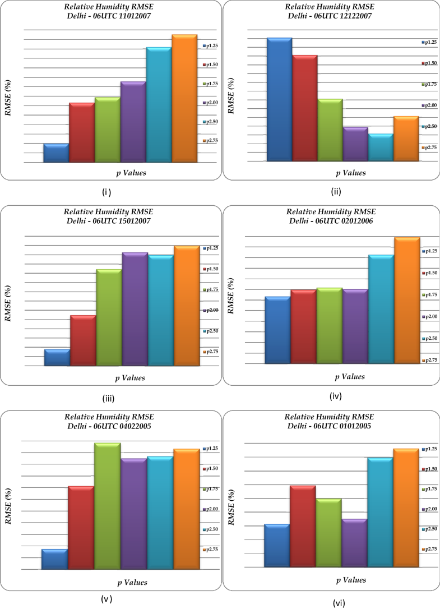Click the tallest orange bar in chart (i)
click(184, 99)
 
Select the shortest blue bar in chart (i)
click(56, 153)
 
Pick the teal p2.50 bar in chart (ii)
click(381, 147)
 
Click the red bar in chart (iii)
click(83, 340)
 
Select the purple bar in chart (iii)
click(135, 309)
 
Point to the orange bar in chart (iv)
click(407, 301)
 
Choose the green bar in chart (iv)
click(330, 326)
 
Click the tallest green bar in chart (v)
click(107, 506)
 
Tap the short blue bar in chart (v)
click(54, 559)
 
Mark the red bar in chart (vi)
click(303, 526)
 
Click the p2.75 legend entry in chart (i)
click(211, 141)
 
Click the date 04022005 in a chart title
click(132, 426)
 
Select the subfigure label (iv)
click(335, 396)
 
